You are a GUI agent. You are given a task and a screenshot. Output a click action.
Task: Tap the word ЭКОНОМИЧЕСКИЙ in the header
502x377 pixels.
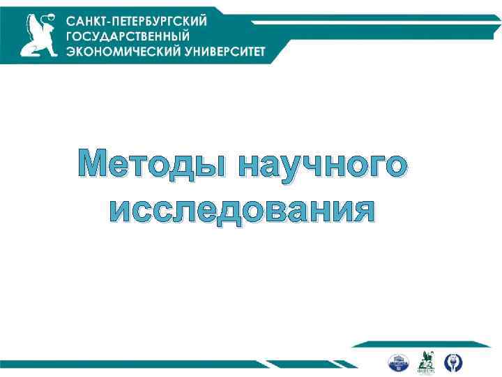point(115,52)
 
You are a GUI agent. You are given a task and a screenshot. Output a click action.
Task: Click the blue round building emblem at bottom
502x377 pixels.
point(397,362)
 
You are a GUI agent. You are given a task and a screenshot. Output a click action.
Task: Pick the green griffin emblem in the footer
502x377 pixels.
point(425,362)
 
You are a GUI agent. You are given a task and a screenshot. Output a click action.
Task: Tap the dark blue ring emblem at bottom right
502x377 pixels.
point(454,362)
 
